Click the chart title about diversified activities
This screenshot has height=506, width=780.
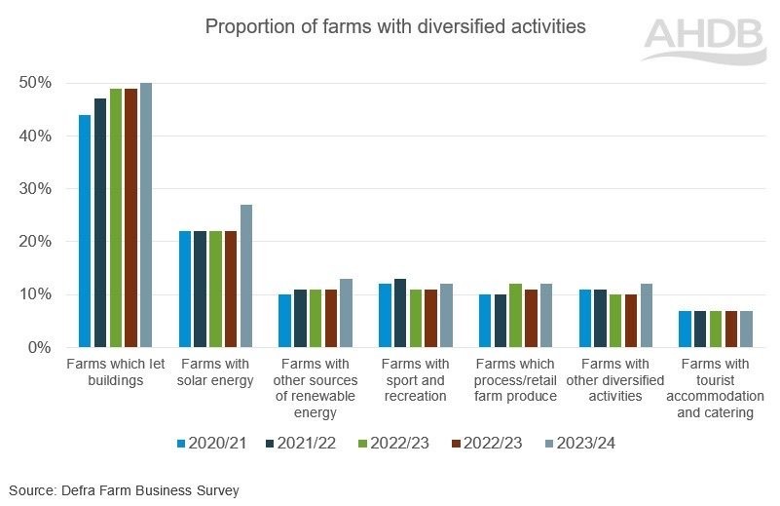tap(394, 26)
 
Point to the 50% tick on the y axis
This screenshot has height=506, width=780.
tap(35, 83)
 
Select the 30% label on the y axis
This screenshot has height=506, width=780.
tap(35, 189)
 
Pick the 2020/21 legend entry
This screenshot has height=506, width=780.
tap(211, 444)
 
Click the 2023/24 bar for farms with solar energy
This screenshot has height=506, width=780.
tap(246, 276)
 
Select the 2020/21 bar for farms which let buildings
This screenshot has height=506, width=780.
tap(85, 231)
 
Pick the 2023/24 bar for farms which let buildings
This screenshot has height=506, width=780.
tap(146, 214)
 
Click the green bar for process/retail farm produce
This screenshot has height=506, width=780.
tap(515, 316)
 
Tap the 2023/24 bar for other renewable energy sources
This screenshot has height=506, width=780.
tap(347, 313)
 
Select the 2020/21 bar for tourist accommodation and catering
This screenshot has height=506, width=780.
tap(685, 329)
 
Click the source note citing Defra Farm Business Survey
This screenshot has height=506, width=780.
tap(124, 490)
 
